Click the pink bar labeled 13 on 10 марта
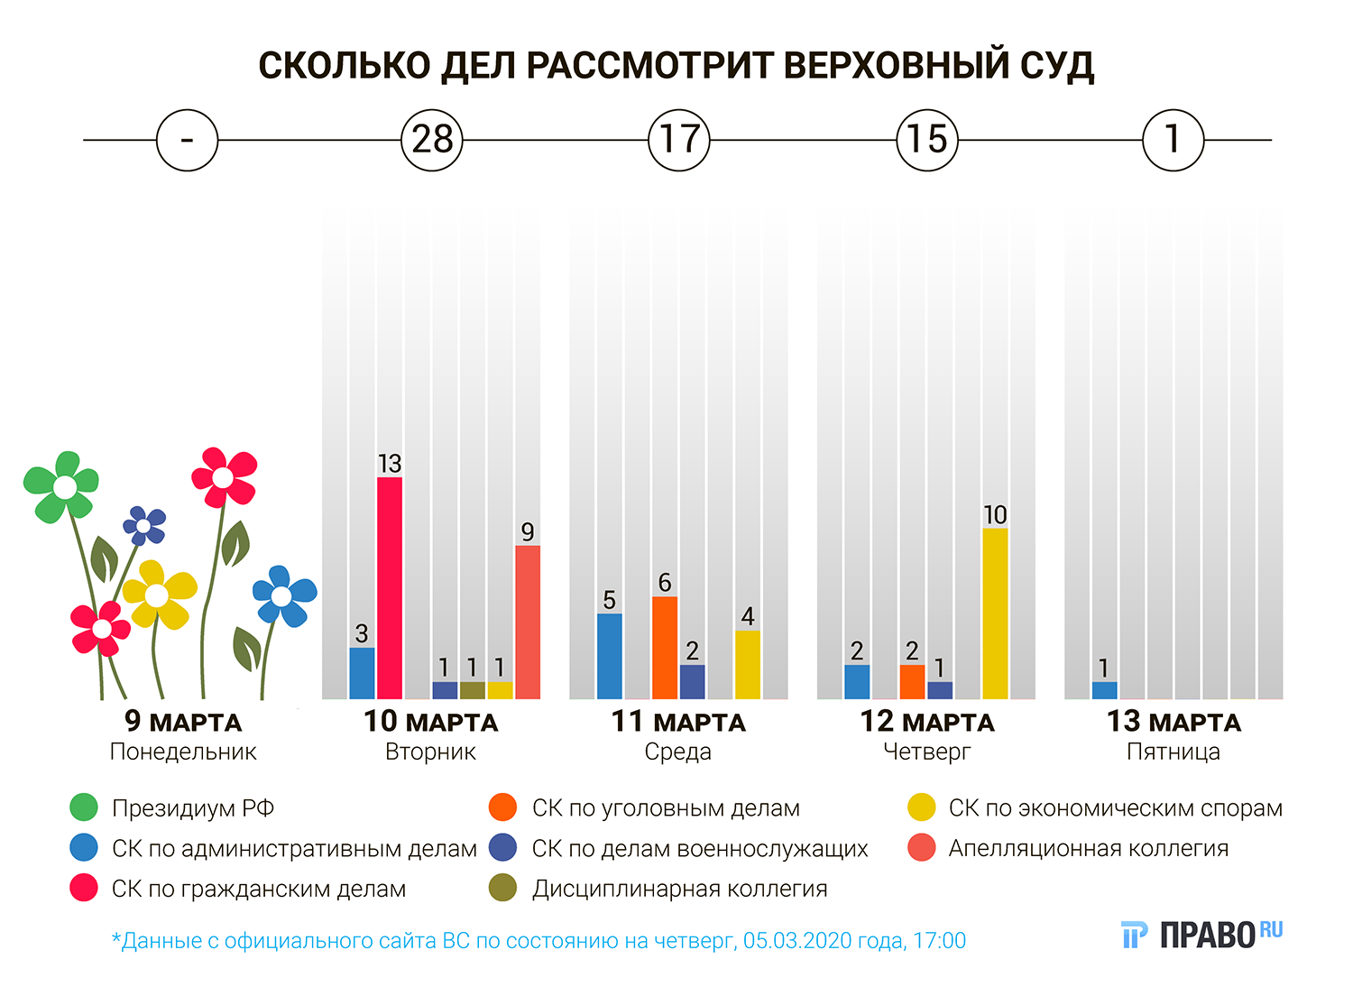[390, 587]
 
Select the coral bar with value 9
[528, 622]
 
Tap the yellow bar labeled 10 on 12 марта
[995, 613]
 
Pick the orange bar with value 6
[665, 647]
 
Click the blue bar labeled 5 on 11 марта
[610, 656]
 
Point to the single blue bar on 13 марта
[1104, 690]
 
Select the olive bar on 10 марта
[472, 690]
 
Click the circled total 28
[432, 140]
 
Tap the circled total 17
[679, 140]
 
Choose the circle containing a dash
[187, 140]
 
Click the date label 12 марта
[926, 722]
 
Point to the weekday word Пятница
[1173, 752]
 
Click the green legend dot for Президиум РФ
[84, 807]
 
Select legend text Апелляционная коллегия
[1088, 848]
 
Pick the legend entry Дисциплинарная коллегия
[679, 889]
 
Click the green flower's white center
[65, 487]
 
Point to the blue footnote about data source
[538, 941]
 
